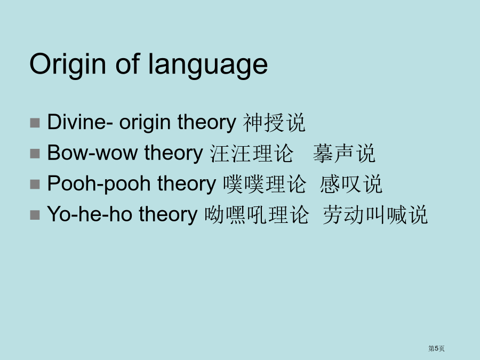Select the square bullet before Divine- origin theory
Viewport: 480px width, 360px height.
[x=35, y=123]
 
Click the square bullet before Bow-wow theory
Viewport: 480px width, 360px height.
[x=35, y=154]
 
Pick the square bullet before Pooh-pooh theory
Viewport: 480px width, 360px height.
[x=35, y=185]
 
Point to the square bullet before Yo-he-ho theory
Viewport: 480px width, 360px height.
[x=35, y=215]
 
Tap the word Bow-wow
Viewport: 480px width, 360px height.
[x=92, y=153]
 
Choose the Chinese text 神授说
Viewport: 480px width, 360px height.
[x=274, y=123]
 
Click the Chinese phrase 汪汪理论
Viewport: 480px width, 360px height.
[x=252, y=153]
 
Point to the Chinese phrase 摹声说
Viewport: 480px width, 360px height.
[x=344, y=153]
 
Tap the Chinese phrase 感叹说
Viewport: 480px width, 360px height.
[x=351, y=184]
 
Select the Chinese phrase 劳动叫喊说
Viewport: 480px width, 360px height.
[x=375, y=214]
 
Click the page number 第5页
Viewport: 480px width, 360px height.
[x=436, y=348]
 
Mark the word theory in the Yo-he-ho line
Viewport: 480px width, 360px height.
[x=168, y=214]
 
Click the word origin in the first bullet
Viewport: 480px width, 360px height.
[x=145, y=123]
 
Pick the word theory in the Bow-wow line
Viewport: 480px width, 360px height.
[x=173, y=153]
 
